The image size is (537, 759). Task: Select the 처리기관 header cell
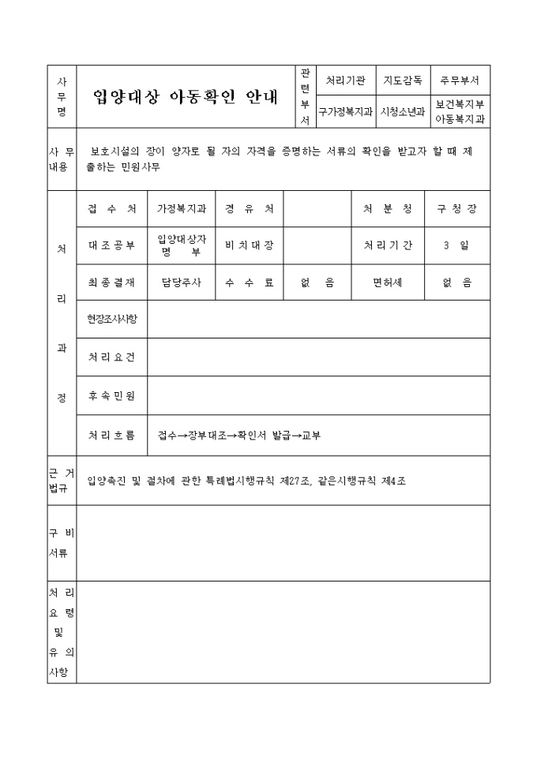click(x=345, y=80)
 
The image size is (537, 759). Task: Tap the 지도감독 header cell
click(x=402, y=80)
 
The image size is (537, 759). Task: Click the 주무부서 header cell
click(x=459, y=80)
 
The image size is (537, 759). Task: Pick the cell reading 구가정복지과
click(x=345, y=112)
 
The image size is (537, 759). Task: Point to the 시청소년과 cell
click(x=402, y=112)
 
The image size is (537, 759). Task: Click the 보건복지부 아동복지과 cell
click(x=459, y=112)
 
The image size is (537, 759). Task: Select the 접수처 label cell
click(x=111, y=209)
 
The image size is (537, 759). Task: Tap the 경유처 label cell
click(x=249, y=209)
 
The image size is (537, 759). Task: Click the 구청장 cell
click(x=457, y=209)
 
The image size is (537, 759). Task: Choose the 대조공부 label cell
click(x=111, y=245)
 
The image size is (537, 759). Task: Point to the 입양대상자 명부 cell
click(x=182, y=245)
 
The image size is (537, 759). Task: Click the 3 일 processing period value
click(x=456, y=245)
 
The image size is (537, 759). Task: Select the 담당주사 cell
click(x=182, y=282)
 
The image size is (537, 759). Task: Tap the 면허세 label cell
click(x=387, y=282)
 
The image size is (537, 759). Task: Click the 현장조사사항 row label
click(x=111, y=319)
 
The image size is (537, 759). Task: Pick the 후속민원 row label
click(x=111, y=396)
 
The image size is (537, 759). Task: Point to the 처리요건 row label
click(x=111, y=357)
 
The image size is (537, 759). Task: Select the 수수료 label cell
click(x=249, y=282)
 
